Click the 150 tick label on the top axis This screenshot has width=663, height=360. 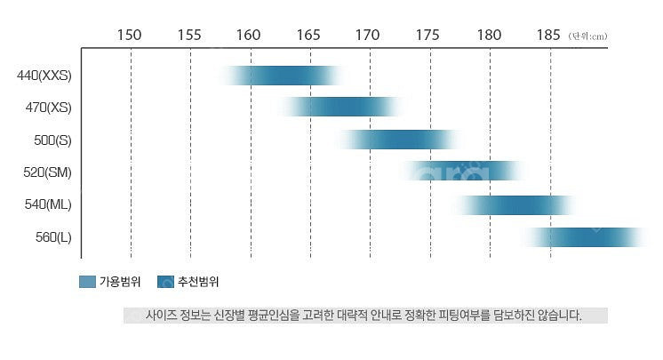(130, 35)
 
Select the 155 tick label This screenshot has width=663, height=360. (189, 35)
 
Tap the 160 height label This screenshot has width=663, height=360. (249, 35)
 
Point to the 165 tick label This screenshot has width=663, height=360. (308, 35)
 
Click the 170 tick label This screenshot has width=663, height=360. (368, 35)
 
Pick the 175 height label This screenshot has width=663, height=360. (427, 35)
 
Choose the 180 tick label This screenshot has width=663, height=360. (489, 35)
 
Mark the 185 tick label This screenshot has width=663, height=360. (548, 35)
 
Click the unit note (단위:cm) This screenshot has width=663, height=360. (587, 36)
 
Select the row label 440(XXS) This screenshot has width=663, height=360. (44, 76)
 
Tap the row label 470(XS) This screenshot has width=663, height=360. (48, 108)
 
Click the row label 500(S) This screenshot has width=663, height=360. (52, 140)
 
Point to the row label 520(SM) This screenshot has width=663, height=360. (48, 172)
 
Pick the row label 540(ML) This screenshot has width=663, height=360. (48, 204)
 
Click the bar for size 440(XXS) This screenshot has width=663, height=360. (283, 76)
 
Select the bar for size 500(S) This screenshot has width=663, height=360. (399, 140)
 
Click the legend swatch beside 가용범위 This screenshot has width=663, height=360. (87, 283)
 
